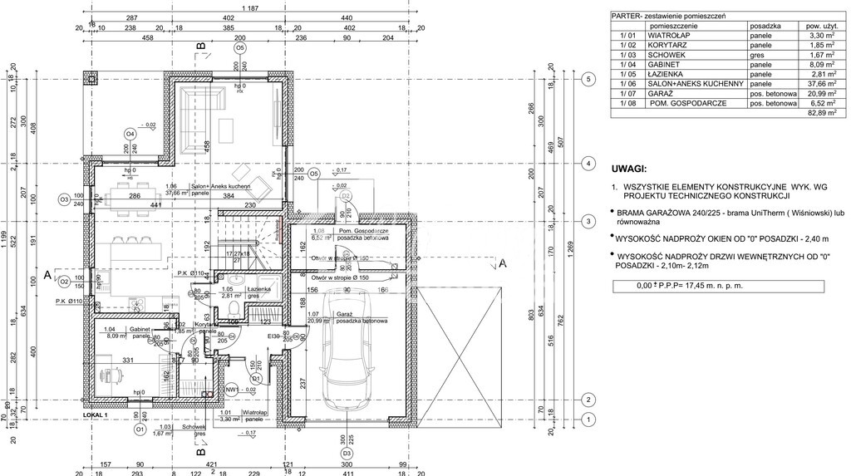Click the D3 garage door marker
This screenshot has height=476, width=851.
point(346,454)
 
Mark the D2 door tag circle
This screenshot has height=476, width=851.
point(347,196)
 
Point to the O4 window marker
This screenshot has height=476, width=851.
point(130,134)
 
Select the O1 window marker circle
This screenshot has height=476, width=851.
point(140,430)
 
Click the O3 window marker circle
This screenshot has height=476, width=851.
point(63,199)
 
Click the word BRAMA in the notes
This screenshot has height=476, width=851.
point(637,213)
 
